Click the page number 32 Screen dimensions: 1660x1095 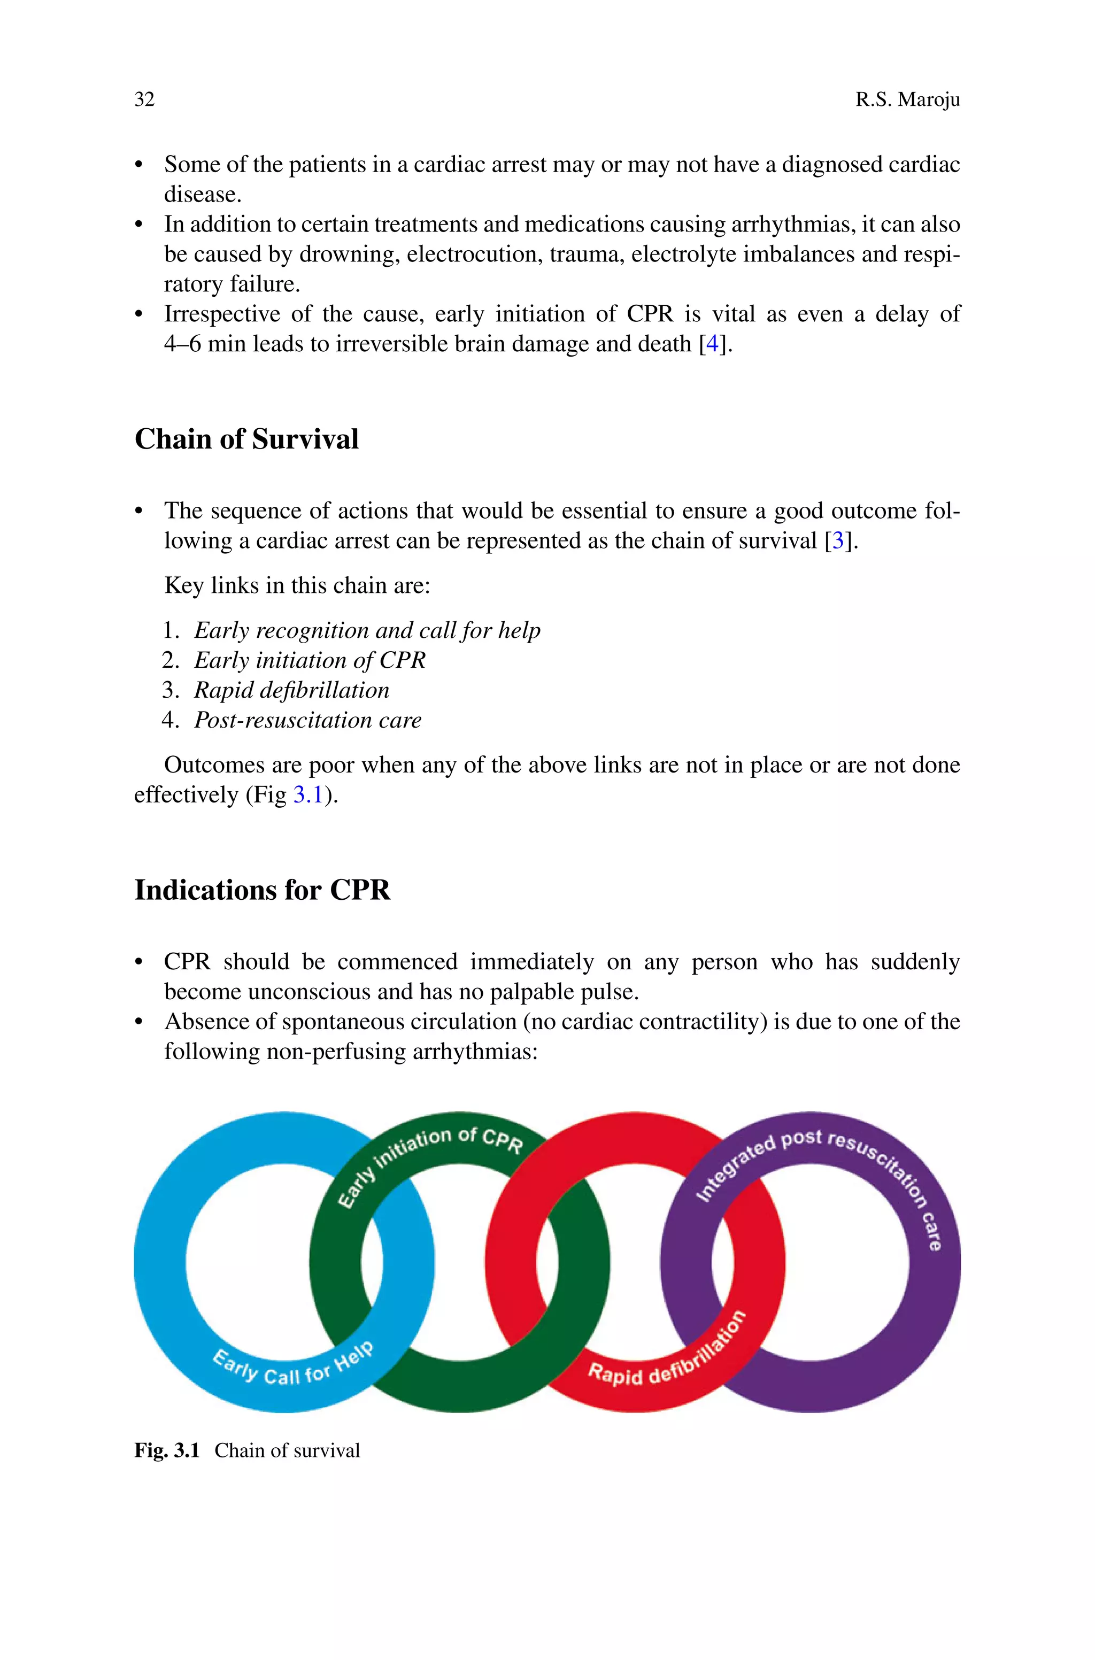point(144,100)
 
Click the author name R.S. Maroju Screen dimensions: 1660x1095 point(907,100)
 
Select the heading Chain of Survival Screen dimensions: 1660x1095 point(246,439)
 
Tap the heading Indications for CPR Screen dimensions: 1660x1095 point(262,890)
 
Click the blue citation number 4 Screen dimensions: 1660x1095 point(712,344)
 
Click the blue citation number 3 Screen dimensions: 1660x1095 point(837,541)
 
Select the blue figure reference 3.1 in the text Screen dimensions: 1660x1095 point(308,795)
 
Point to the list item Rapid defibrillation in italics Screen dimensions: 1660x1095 point(291,690)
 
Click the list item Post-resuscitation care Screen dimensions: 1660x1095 point(307,721)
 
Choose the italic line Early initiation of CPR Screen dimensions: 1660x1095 point(310,660)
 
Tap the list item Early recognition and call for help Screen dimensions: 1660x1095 point(367,630)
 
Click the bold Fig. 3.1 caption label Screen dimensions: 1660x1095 point(167,1451)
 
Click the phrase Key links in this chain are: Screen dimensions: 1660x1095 point(297,585)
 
